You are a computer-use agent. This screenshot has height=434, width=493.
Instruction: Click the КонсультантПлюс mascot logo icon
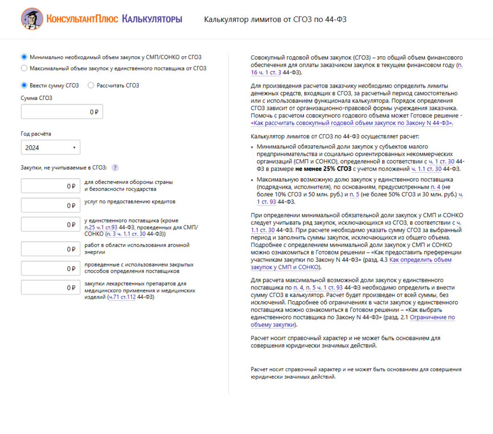coord(32,19)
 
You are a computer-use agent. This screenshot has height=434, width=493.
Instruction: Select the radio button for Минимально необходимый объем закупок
coord(24,57)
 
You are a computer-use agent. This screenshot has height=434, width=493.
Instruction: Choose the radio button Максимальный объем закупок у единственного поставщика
coord(24,68)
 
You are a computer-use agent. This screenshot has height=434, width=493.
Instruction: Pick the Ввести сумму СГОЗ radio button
coord(24,85)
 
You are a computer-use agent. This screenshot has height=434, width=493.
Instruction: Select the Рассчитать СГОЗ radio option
coord(90,85)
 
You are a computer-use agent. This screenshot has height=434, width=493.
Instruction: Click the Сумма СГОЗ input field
coord(62,112)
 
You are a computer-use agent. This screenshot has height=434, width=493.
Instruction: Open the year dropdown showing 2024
coord(51,147)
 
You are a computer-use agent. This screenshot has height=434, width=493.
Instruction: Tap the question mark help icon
coord(115,168)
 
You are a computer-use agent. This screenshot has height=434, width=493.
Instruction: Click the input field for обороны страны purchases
coord(51,186)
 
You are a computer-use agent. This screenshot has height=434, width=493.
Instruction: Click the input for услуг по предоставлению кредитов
coord(51,205)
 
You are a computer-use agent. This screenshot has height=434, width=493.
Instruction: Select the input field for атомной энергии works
coord(51,249)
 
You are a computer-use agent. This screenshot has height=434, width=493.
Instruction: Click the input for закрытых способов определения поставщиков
coord(51,268)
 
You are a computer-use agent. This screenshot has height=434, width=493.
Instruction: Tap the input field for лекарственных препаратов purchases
coord(51,287)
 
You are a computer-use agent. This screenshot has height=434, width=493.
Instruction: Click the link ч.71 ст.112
coord(122,297)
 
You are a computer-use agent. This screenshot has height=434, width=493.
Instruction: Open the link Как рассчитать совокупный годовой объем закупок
coord(351,123)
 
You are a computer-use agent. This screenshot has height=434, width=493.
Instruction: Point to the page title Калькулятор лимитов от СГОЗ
coord(275,19)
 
